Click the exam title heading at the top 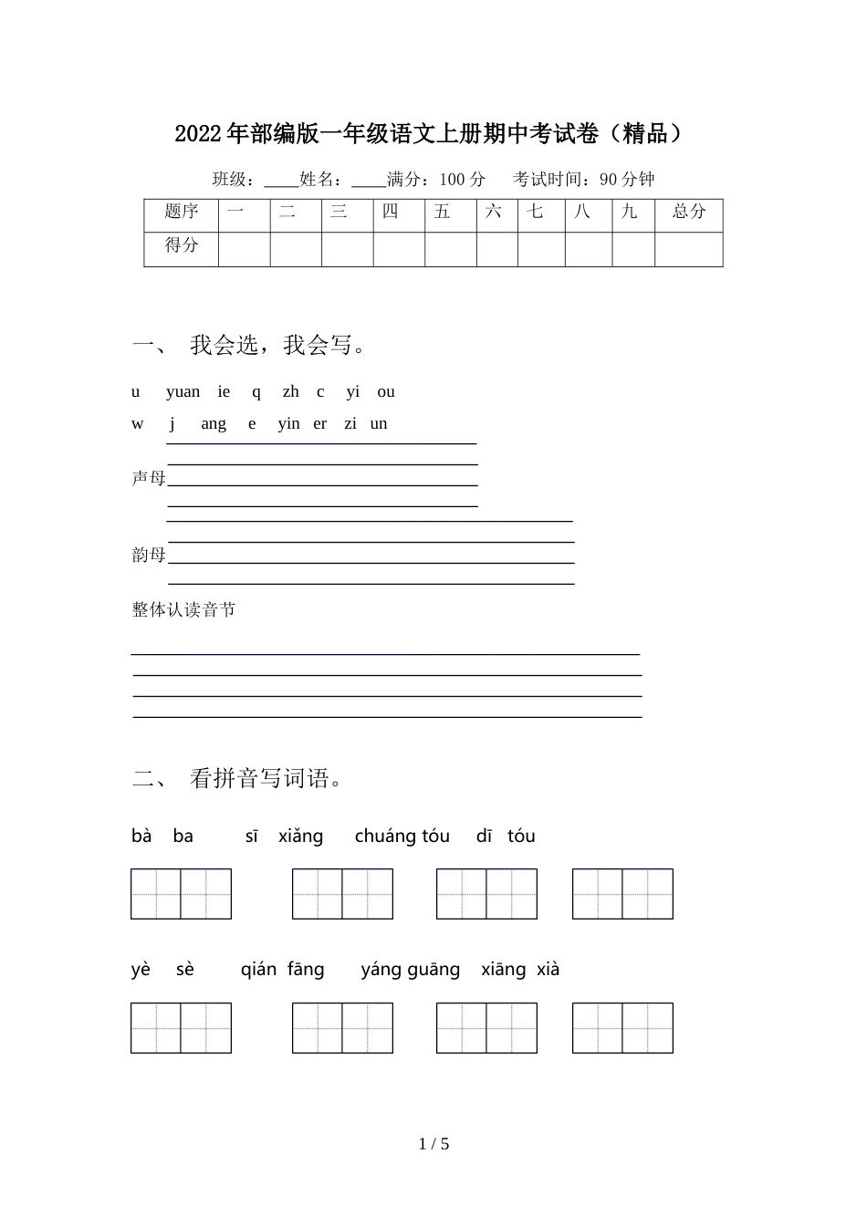(428, 134)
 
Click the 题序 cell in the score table (181, 213)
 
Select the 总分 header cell (688, 213)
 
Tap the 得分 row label (181, 246)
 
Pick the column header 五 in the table (443, 213)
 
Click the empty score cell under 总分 (688, 249)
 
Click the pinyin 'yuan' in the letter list (183, 392)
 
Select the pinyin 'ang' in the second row (214, 424)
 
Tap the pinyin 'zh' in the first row (290, 392)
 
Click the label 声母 (149, 479)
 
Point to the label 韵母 (149, 556)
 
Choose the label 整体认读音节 (183, 610)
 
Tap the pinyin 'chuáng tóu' (402, 836)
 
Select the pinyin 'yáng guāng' (410, 970)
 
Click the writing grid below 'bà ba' (181, 894)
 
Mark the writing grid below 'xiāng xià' (622, 1028)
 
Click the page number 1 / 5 (433, 1144)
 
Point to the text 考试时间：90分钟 (583, 180)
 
